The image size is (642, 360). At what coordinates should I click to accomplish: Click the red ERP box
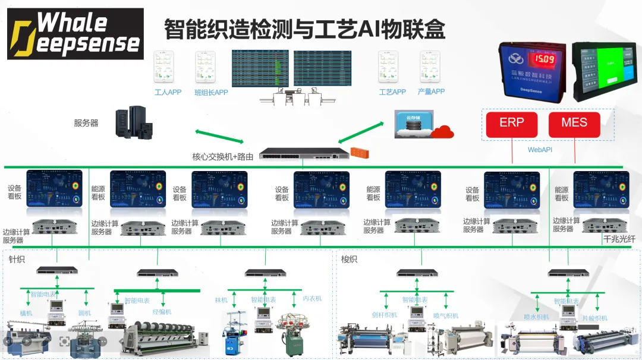tap(512, 123)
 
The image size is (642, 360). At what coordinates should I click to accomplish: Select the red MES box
tap(574, 123)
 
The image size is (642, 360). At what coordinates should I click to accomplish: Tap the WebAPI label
tap(540, 150)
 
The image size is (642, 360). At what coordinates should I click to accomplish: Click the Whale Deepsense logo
tap(75, 34)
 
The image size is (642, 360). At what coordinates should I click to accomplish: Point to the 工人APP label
tap(168, 93)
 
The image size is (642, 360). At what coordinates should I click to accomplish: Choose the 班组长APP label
tap(211, 93)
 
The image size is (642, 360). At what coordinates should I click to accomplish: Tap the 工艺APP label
tap(392, 92)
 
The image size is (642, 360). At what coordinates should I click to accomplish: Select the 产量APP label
tap(431, 92)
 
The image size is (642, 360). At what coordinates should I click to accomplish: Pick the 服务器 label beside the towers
tap(86, 123)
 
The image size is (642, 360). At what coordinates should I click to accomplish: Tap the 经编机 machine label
tap(162, 312)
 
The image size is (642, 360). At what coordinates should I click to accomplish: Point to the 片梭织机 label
tap(594, 318)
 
